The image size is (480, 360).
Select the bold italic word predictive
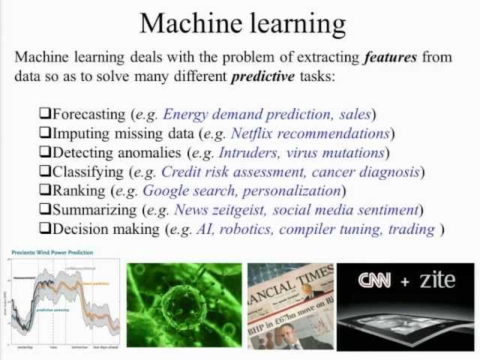(x=263, y=76)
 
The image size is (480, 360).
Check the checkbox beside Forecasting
(x=45, y=114)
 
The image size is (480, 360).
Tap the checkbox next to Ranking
(x=45, y=190)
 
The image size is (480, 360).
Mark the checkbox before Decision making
(x=45, y=229)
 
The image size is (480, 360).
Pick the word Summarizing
(x=91, y=210)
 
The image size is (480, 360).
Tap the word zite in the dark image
(x=437, y=280)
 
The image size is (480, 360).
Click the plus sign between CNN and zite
(x=404, y=281)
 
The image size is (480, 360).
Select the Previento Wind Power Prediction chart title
(x=51, y=253)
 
